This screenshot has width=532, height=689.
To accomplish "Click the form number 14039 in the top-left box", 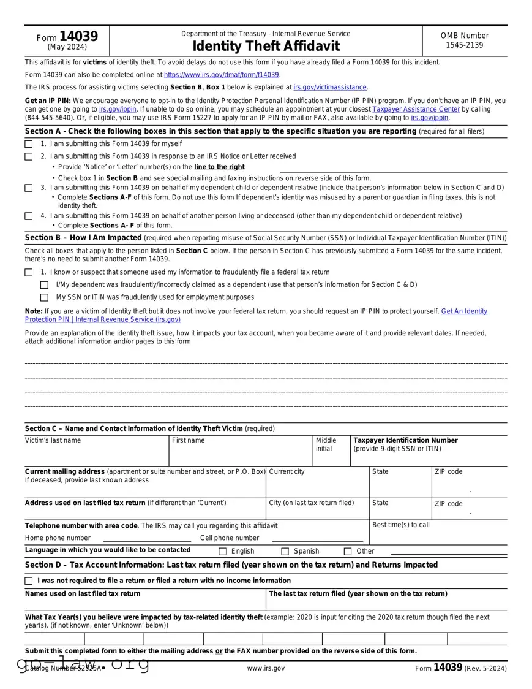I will tap(78, 37).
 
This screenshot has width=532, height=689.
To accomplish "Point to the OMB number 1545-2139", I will tap(464, 45).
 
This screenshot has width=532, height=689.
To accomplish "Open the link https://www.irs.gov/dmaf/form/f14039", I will tap(222, 75).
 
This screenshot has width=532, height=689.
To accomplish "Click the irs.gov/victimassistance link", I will tap(330, 88).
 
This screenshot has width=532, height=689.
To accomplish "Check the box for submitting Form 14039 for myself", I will tap(29, 144).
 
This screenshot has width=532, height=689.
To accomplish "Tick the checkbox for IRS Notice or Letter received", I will tap(29, 157).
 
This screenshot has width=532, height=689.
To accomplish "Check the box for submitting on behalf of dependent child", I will tap(29, 188).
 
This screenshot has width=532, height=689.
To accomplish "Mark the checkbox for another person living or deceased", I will tap(29, 216).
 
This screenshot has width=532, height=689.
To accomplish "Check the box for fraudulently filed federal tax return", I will tap(29, 273).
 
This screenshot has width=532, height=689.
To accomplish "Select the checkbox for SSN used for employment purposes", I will tap(44, 298).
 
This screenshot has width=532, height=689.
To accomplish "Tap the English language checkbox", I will tap(223, 552).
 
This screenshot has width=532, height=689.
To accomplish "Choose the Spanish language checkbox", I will tap(285, 552).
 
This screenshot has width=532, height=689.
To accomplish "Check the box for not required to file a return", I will tap(29, 581).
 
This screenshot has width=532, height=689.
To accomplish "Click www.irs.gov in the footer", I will tap(266, 669).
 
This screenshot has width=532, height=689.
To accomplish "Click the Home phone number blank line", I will tap(146, 539).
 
